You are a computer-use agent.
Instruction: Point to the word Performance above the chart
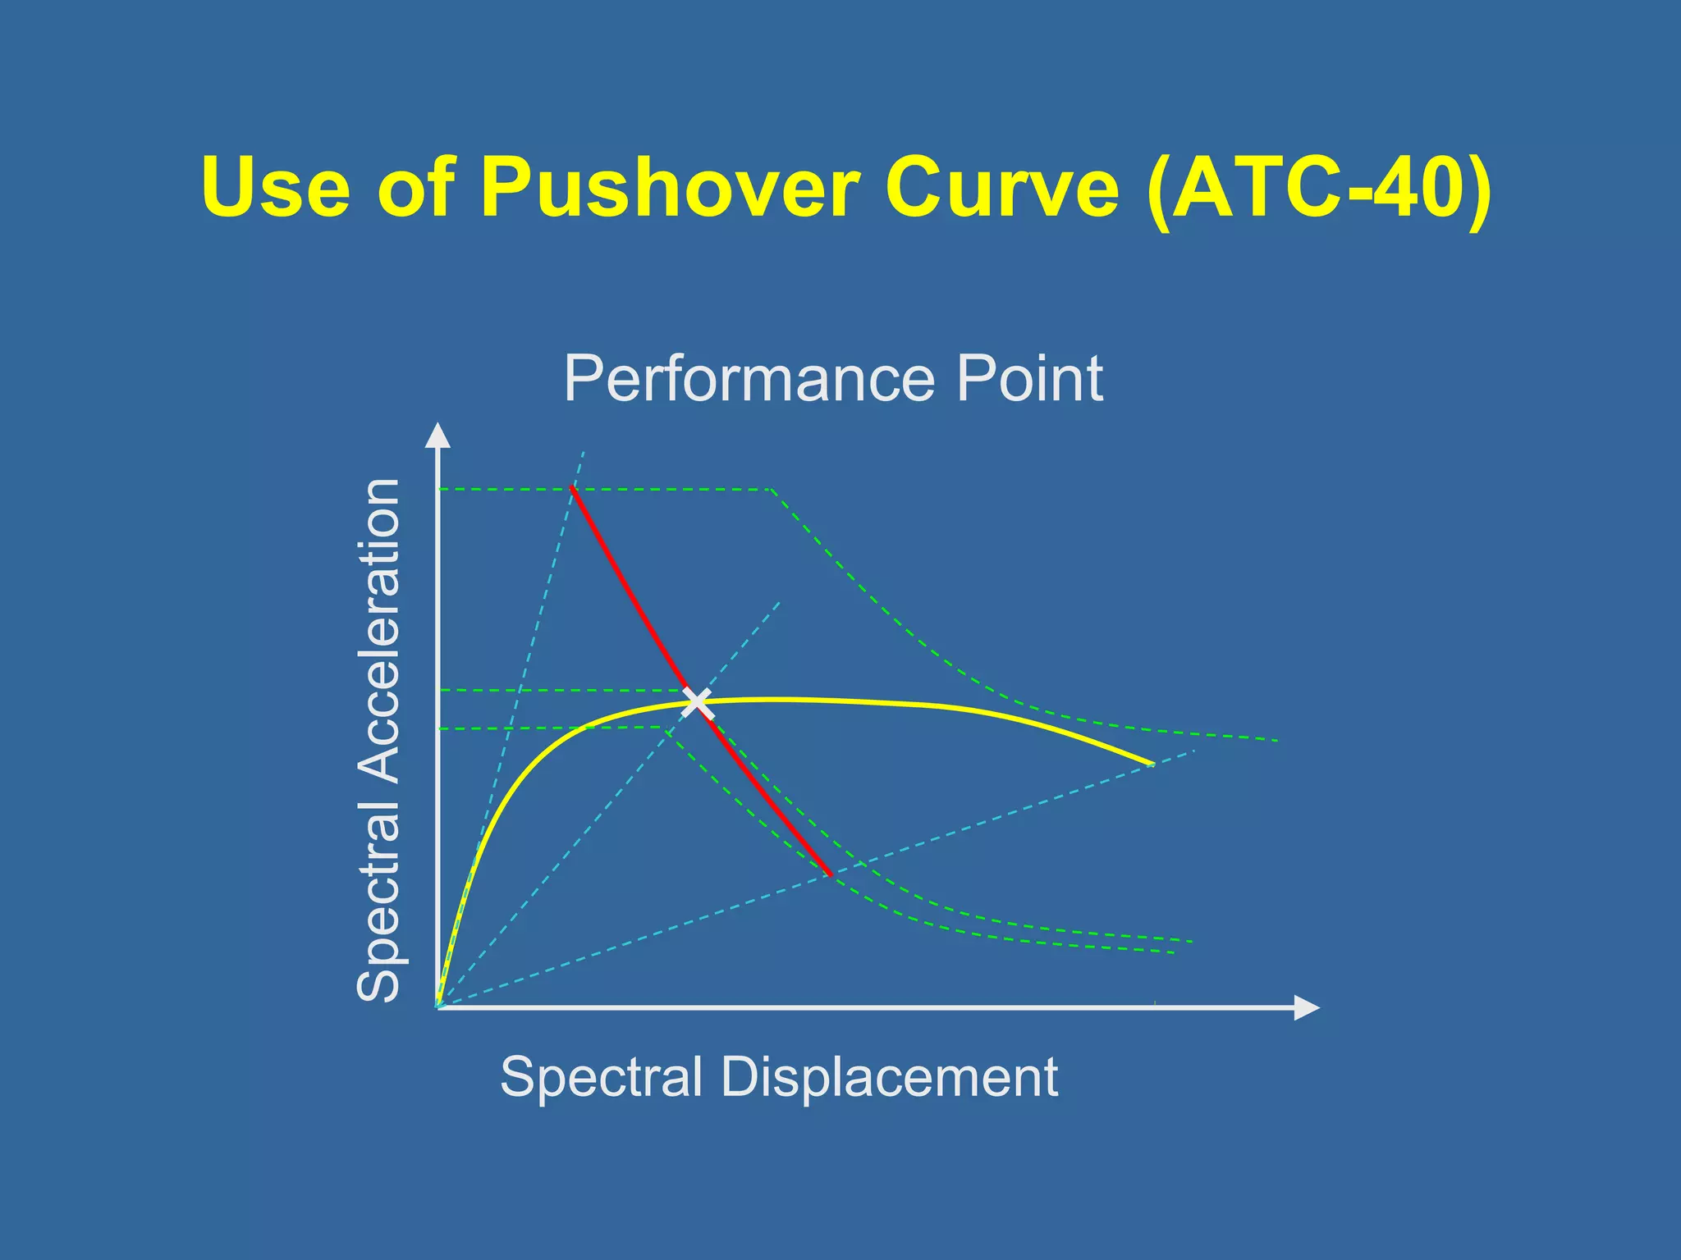748,379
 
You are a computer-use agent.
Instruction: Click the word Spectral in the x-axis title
602,1076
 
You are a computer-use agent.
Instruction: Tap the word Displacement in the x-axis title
889,1076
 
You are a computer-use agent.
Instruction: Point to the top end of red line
572,488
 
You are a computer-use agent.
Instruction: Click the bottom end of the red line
831,875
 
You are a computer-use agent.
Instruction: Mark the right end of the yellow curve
1152,765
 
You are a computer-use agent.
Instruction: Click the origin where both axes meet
438,1007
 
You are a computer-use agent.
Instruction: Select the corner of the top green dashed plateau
772,490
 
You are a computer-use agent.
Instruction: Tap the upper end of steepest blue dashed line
584,450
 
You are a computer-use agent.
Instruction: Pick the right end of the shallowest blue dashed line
1194,751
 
